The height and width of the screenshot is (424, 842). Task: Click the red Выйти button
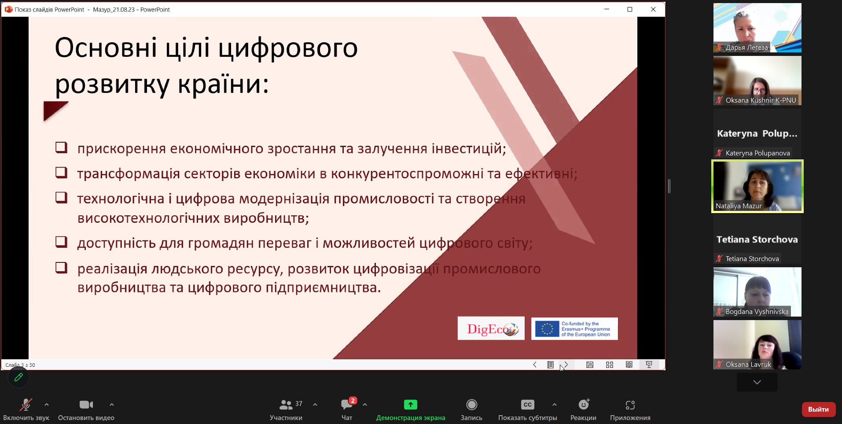818,409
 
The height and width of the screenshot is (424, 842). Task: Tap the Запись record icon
471,405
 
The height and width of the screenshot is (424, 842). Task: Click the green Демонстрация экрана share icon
410,405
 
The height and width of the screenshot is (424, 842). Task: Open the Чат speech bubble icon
347,404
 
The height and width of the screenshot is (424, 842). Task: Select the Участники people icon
286,405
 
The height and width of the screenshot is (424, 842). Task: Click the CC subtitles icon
527,405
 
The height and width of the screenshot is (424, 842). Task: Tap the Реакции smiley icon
584,404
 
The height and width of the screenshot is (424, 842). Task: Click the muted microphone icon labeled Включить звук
26,405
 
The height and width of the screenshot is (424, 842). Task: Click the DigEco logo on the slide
491,328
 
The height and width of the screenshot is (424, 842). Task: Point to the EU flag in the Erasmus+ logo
547,329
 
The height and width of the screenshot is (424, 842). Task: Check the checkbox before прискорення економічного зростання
61,147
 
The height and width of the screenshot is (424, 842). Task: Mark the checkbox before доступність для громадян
61,242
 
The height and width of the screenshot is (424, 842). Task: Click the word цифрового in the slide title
288,48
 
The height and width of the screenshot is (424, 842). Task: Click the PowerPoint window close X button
653,9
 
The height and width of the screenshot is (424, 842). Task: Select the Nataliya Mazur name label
739,206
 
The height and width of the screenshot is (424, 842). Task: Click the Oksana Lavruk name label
748,365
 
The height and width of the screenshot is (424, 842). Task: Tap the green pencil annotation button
18,377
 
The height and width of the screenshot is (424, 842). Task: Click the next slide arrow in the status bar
566,365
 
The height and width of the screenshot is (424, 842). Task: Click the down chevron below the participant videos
757,382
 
